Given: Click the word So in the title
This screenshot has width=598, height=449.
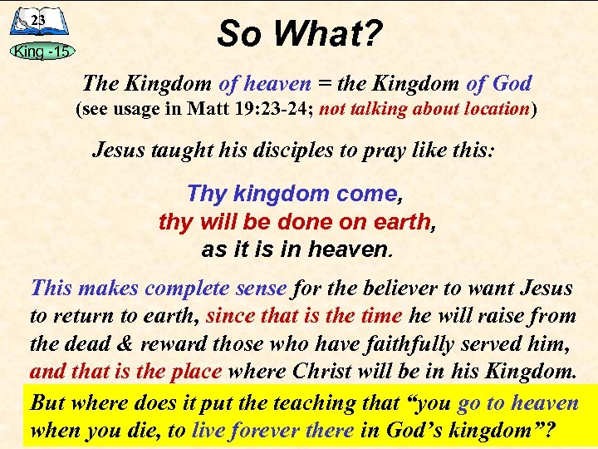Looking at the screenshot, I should tap(242, 34).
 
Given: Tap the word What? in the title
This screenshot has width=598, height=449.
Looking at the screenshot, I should tap(327, 34).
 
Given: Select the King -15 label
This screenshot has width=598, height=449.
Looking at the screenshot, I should tap(42, 52).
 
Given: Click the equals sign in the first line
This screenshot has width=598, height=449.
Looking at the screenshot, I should tap(322, 84).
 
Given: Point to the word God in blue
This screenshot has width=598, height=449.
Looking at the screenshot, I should tap(510, 84).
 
